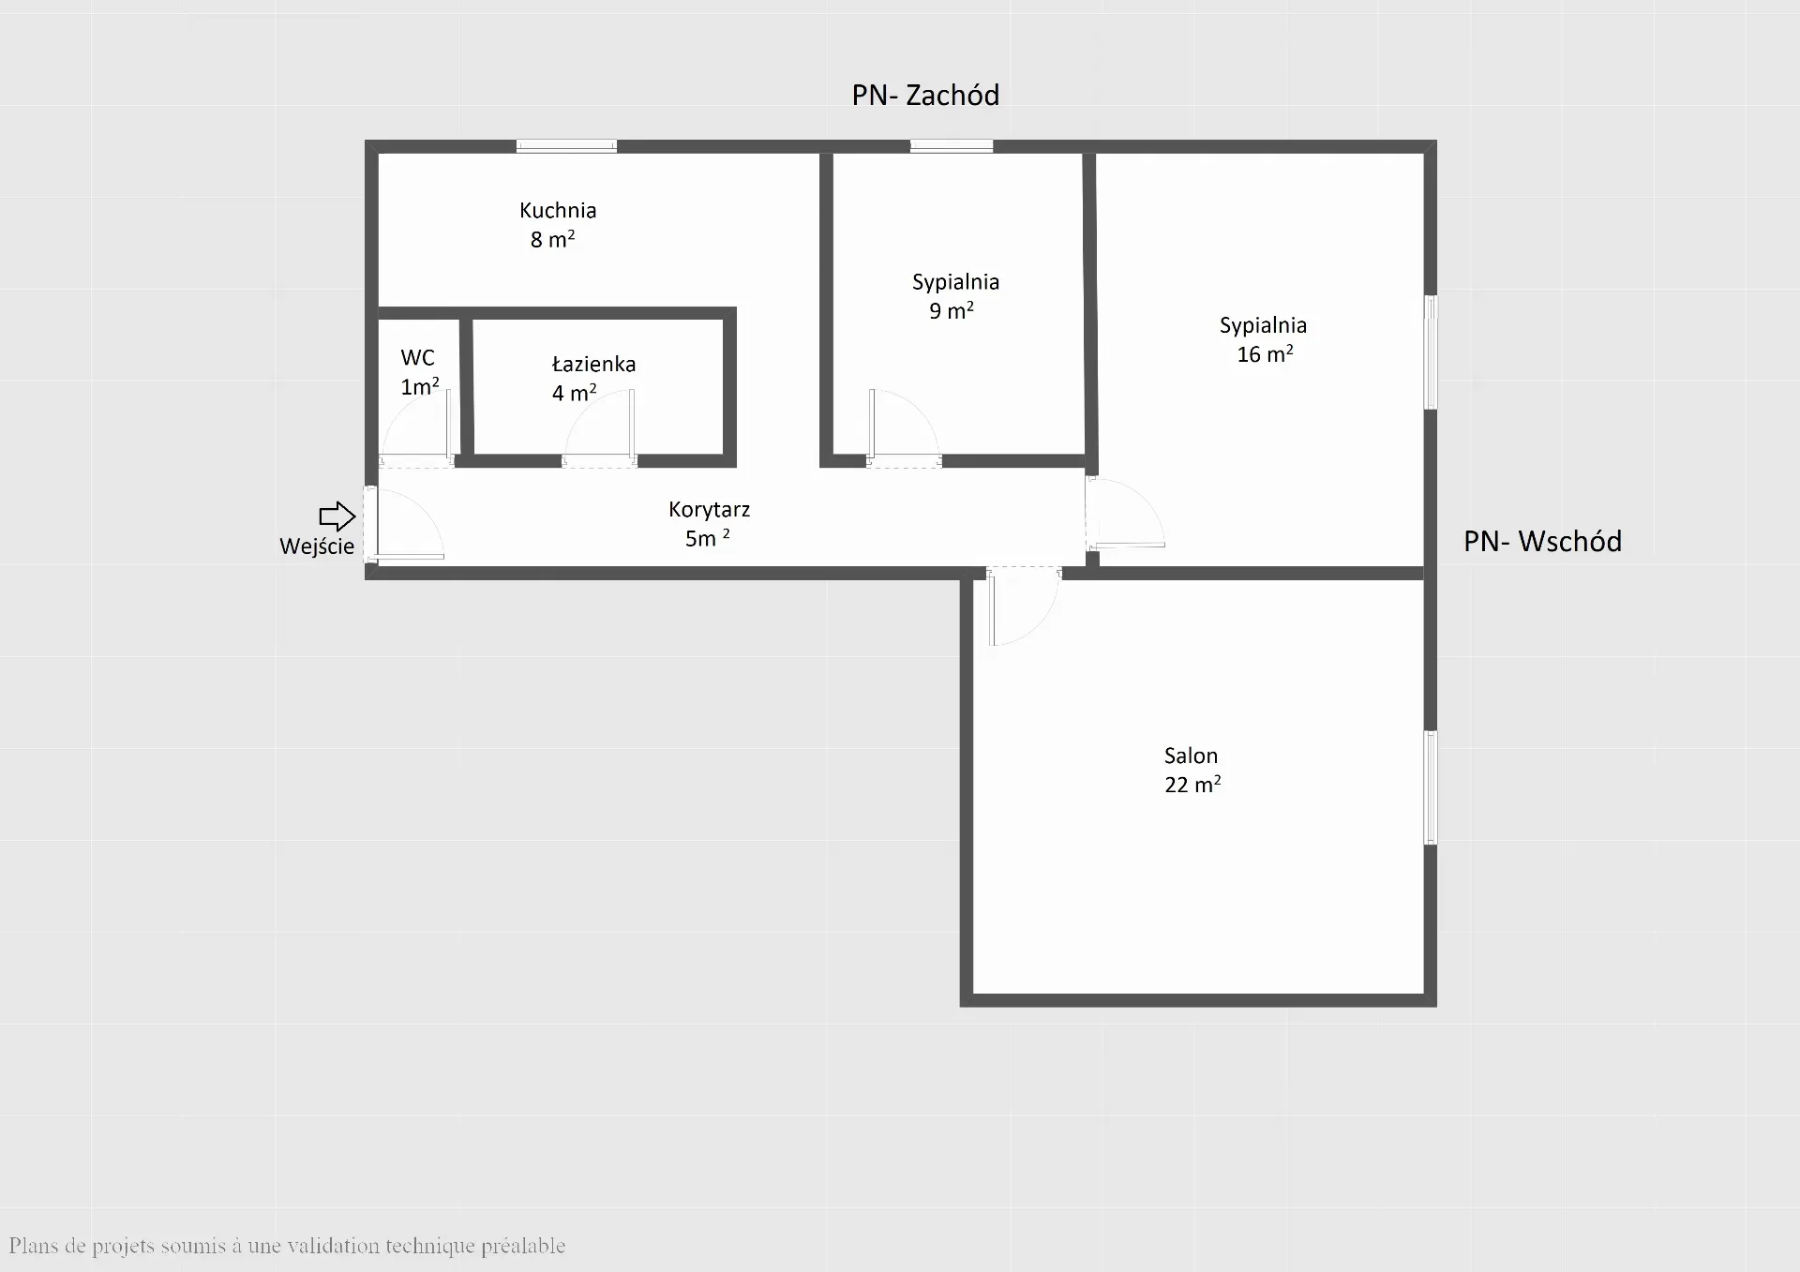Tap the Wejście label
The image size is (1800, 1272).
317,546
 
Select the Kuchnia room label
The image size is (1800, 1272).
558,210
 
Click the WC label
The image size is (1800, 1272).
418,357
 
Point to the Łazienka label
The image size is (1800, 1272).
593,364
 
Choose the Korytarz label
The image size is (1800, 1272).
710,510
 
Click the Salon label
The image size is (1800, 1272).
1191,756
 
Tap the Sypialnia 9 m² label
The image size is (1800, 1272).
955,296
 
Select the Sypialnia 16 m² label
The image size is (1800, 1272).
1263,339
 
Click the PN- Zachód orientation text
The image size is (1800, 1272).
925,95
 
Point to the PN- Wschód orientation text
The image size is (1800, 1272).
1542,541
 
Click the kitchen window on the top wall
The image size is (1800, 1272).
566,146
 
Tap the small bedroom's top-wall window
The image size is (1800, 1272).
952,146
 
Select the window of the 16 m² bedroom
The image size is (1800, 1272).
1431,352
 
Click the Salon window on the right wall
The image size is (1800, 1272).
1431,787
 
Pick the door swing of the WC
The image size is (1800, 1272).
416,426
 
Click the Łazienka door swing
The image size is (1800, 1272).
599,427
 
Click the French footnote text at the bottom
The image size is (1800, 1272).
287,1246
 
